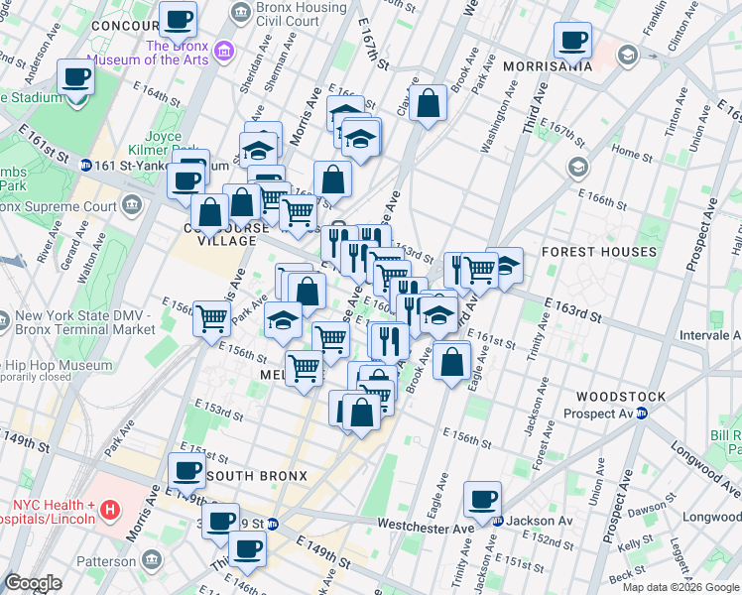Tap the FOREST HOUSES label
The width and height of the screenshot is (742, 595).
[599, 253]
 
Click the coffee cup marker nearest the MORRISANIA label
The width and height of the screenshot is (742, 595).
[572, 42]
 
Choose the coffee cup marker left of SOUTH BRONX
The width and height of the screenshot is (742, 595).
[186, 472]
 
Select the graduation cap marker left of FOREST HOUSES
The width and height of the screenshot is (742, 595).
[504, 266]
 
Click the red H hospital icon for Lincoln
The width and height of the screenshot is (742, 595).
[111, 510]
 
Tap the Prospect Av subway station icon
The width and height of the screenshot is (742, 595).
[642, 414]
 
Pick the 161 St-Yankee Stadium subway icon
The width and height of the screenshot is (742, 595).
[86, 166]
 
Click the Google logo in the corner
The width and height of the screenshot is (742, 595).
[34, 583]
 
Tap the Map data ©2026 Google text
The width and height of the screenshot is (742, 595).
[680, 587]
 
